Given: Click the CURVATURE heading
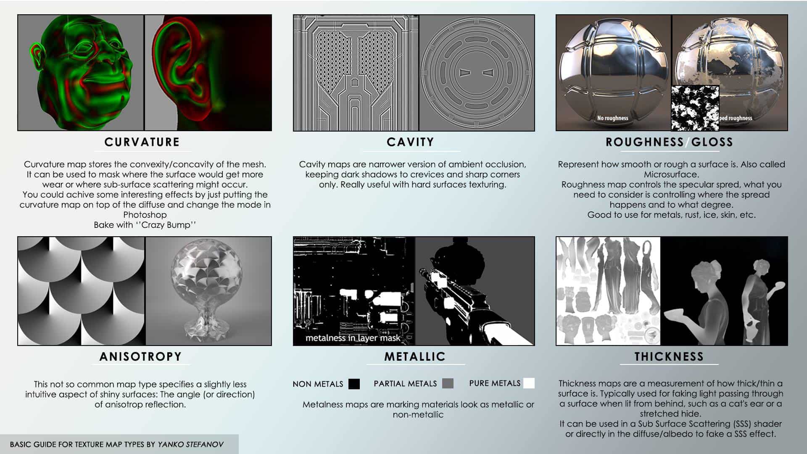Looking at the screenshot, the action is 142,142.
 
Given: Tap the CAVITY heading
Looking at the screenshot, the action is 410,142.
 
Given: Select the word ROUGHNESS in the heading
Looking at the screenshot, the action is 645,142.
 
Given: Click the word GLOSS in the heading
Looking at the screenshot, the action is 712,142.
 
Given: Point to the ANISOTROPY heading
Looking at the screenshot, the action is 140,356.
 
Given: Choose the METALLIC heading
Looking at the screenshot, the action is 415,356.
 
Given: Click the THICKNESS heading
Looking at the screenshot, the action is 669,356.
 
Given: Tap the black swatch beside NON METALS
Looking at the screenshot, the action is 354,384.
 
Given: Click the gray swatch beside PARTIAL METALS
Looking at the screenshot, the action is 448,383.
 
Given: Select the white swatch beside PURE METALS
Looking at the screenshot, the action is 529,383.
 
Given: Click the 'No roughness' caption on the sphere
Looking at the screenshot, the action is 612,118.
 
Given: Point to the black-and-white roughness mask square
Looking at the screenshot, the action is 695,108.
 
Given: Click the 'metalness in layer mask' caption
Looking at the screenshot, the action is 353,338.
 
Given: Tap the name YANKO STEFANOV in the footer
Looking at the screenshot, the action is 190,444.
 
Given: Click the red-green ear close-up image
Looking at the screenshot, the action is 208,73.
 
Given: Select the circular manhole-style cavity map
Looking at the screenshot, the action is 477,73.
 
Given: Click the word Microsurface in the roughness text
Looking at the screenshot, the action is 671,174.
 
